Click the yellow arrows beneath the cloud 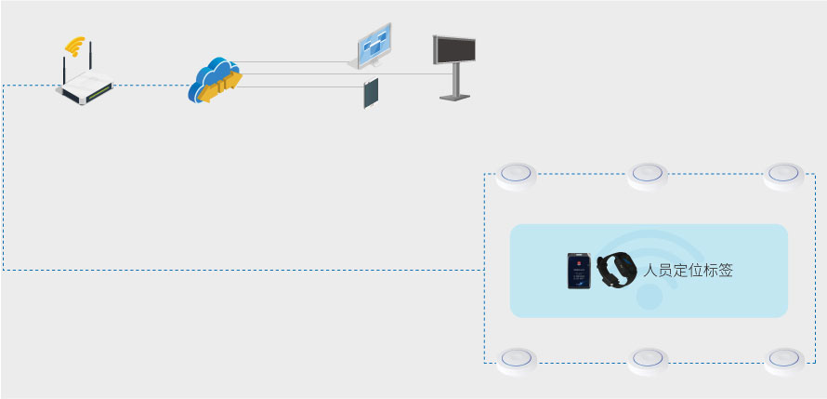[x=219, y=91]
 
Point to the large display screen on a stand [x=454, y=50]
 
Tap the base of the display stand [x=454, y=96]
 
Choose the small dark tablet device [x=372, y=94]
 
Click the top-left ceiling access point [x=517, y=175]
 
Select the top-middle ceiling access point [x=648, y=175]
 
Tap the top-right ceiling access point [x=783, y=175]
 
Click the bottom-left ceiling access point [x=517, y=360]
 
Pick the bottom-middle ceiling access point [x=648, y=360]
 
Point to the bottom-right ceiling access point [x=783, y=360]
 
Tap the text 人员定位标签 [x=689, y=272]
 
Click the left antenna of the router [x=65, y=70]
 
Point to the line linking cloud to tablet [x=297, y=86]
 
